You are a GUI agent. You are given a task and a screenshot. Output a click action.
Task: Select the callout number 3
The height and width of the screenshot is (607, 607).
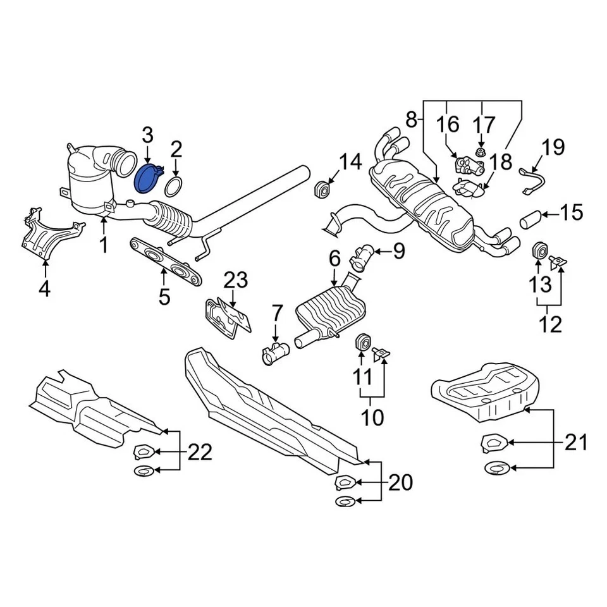[147, 135]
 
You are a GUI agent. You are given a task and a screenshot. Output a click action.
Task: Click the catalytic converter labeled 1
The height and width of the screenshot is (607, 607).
[92, 183]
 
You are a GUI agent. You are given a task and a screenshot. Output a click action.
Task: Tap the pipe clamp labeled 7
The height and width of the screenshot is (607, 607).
[276, 352]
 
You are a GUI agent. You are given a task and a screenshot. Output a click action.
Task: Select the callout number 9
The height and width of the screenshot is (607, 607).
[398, 252]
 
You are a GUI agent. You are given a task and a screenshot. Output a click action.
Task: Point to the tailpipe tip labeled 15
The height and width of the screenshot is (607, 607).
[530, 220]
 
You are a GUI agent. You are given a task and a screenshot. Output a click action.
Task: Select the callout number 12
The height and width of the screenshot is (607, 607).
[550, 324]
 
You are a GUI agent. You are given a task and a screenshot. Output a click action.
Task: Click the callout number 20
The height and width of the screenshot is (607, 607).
[400, 484]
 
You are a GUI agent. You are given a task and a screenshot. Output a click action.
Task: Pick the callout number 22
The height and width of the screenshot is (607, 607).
[199, 452]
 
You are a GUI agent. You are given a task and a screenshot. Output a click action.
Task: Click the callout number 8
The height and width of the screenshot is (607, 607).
[411, 119]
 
